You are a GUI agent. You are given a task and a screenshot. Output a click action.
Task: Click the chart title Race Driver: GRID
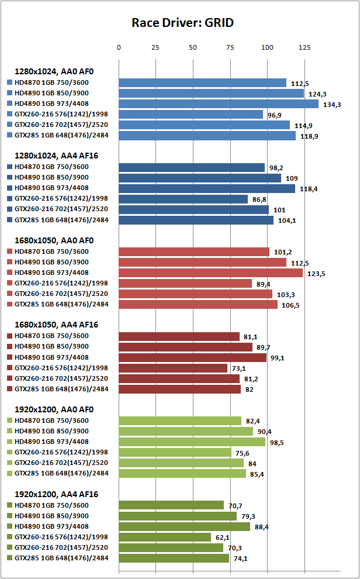coord(183,23)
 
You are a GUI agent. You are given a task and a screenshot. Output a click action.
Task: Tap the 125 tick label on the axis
coord(304,47)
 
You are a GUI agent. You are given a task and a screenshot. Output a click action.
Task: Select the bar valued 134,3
coord(219,104)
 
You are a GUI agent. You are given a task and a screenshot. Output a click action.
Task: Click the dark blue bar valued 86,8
coord(184,199)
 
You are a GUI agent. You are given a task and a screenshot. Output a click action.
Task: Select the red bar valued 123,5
coord(210,273)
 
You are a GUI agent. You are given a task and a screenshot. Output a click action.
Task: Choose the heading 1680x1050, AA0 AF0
coord(54,240)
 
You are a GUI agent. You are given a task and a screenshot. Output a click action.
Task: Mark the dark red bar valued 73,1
coord(173,368)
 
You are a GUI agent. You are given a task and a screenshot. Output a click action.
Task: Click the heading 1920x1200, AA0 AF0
coord(54,409)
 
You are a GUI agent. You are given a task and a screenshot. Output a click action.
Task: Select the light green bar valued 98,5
coord(192,442)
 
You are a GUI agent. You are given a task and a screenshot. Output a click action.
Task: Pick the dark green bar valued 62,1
coord(165,537)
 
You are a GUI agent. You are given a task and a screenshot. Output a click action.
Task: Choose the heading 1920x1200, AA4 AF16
coord(56,494)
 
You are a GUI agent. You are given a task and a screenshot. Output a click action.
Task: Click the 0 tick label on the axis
coord(119,47)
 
